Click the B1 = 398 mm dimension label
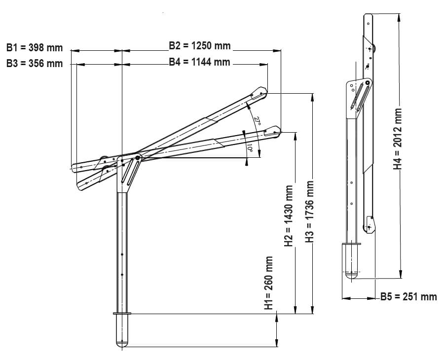click(34, 47)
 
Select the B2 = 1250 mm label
click(200, 45)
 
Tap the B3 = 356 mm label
click(34, 64)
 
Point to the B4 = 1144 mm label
click(200, 62)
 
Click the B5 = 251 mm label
click(408, 296)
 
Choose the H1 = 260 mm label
click(268, 283)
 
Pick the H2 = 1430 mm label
click(289, 216)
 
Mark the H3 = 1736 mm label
click(309, 212)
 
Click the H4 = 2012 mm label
click(398, 139)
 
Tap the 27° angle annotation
click(257, 120)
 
